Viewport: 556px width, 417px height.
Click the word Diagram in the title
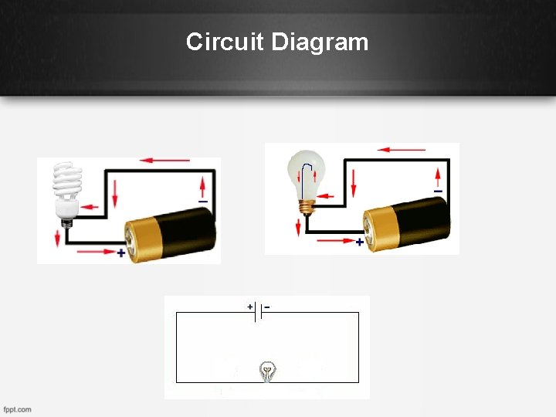pyautogui.click(x=319, y=42)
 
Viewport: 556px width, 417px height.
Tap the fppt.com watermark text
pyautogui.click(x=17, y=409)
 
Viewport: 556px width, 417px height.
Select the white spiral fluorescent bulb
pyautogui.click(x=66, y=185)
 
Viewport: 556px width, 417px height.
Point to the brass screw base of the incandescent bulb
pyautogui.click(x=308, y=207)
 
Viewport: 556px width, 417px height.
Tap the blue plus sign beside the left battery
pyautogui.click(x=121, y=253)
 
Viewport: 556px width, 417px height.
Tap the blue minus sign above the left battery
pyautogui.click(x=203, y=202)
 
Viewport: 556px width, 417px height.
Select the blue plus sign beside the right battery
pyautogui.click(x=359, y=242)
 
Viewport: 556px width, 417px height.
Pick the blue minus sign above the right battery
pyautogui.click(x=438, y=191)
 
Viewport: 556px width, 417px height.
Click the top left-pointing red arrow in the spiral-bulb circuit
pyautogui.click(x=165, y=161)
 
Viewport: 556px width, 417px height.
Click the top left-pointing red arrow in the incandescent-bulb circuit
pyautogui.click(x=402, y=149)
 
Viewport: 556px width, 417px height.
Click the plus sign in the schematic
pyautogui.click(x=250, y=307)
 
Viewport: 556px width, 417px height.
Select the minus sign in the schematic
pyautogui.click(x=267, y=307)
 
